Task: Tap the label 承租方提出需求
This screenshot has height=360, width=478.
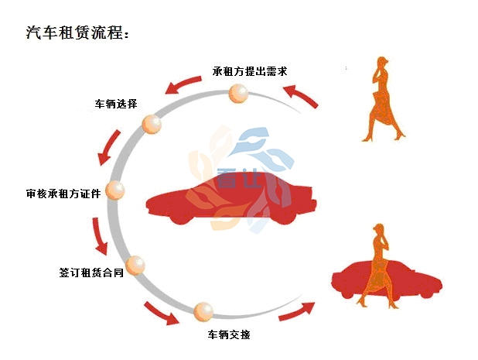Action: [250, 71]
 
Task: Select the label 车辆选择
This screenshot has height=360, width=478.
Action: [116, 104]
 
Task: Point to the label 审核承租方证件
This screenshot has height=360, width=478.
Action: [63, 194]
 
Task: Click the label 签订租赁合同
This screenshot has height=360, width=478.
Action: [91, 273]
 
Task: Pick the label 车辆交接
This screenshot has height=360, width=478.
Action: [229, 334]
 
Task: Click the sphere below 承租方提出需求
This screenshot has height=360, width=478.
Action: [238, 94]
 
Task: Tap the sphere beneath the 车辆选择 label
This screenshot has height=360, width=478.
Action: [152, 124]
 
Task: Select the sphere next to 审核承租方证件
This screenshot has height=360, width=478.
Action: [115, 190]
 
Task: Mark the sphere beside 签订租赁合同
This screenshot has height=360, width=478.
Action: [135, 265]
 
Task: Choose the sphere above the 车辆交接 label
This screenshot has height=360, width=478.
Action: [203, 312]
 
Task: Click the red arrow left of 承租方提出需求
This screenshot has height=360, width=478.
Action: [183, 84]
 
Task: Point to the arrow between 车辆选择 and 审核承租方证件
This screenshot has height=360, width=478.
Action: [109, 147]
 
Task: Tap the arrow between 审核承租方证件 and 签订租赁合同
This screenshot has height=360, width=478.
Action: [99, 235]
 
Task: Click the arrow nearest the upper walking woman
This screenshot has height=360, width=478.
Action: [301, 95]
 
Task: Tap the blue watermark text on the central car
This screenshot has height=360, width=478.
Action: [240, 178]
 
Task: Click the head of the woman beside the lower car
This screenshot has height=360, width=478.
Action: [379, 229]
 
